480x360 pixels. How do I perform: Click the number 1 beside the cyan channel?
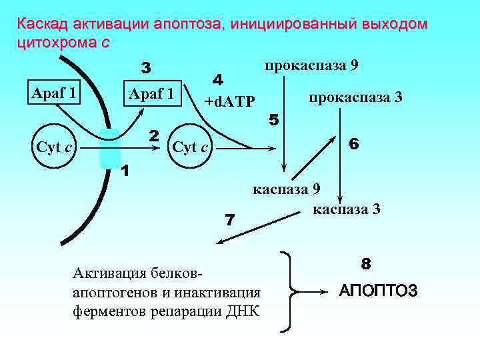125,171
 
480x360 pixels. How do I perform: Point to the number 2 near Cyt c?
153,135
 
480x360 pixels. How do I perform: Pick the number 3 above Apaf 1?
147,68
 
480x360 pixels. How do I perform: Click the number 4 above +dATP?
217,79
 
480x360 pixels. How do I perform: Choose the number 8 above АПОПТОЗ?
366,263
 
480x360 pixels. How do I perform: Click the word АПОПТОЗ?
378,291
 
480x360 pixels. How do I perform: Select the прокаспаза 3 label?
355,97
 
